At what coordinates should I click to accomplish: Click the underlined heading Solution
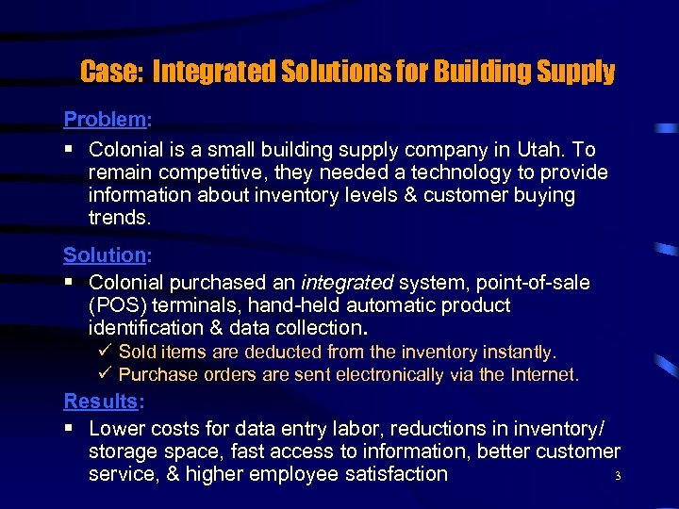[104, 255]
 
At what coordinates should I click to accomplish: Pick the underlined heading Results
[101, 402]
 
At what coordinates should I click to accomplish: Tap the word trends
[118, 218]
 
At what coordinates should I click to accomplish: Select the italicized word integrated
[347, 283]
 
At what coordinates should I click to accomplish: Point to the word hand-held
[302, 305]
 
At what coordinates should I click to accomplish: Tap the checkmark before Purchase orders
[105, 375]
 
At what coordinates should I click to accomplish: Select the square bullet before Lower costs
[69, 429]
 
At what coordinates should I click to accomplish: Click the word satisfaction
[391, 474]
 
